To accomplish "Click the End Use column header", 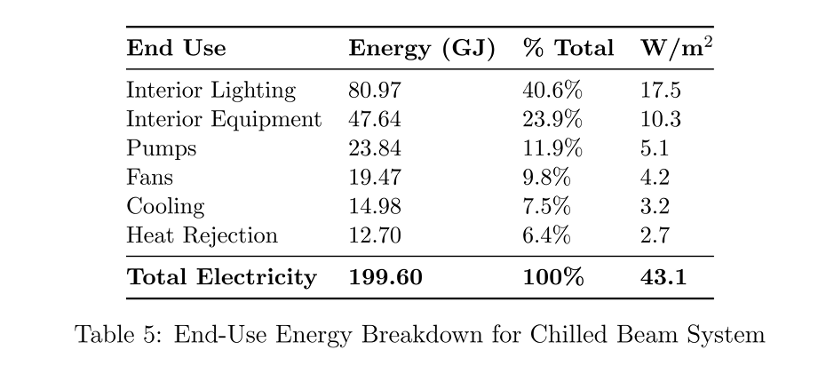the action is (x=176, y=48).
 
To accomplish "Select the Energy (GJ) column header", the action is (x=422, y=49).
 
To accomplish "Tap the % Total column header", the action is (x=568, y=48).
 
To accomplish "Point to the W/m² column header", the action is (x=677, y=48).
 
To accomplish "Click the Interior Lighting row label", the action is (x=210, y=91).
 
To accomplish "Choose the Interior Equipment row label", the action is (x=224, y=120).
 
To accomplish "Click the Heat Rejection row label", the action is (x=203, y=235).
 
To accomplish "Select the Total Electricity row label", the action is (x=221, y=277).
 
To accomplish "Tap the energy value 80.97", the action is (x=375, y=91).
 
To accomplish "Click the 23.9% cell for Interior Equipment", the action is (x=552, y=120).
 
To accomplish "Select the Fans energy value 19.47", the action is (x=375, y=178).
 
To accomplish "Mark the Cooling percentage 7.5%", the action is (x=546, y=206).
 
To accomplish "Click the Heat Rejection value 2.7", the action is (x=655, y=235).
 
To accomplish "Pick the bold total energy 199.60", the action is (x=385, y=277).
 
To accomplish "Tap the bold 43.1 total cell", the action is (x=663, y=277).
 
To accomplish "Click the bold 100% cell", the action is (x=553, y=277).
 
